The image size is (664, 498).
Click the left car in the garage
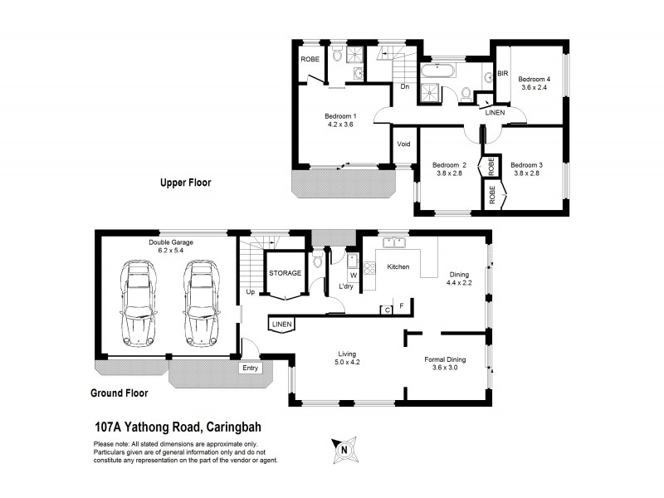[139, 302]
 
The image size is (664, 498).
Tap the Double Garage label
[171, 246]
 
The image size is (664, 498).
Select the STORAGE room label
[285, 271]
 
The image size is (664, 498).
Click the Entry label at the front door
[249, 368]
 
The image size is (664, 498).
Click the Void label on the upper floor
[403, 143]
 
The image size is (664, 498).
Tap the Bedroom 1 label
[340, 120]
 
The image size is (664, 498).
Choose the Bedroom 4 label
[535, 83]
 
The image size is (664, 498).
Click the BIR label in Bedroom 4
[502, 74]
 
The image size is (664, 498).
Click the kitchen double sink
[392, 244]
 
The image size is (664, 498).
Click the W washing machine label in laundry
[353, 275]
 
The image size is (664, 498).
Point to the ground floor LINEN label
[280, 324]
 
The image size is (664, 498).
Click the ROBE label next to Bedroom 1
[310, 60]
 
